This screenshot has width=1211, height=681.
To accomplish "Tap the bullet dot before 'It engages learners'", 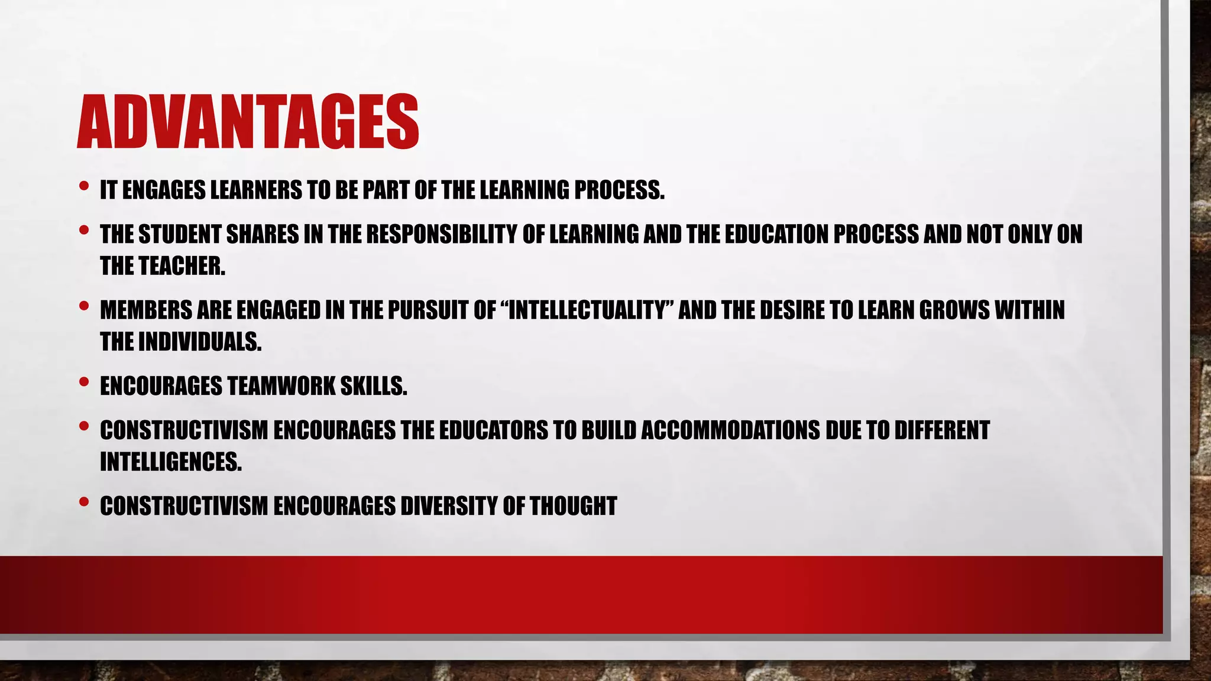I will pyautogui.click(x=83, y=187).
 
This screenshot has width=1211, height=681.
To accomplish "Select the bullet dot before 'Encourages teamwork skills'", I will pyautogui.click(x=83, y=382).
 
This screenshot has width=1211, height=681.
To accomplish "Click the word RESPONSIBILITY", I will pyautogui.click(x=441, y=235).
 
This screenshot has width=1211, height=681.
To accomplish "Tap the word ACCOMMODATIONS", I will pyautogui.click(x=730, y=430).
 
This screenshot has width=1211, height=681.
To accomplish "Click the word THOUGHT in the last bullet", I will pyautogui.click(x=573, y=506).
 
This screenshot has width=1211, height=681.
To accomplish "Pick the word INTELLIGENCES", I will pyautogui.click(x=170, y=462).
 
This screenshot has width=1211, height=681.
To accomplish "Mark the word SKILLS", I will pyautogui.click(x=374, y=386).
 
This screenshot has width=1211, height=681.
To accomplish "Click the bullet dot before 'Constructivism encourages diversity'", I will pyautogui.click(x=83, y=502).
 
